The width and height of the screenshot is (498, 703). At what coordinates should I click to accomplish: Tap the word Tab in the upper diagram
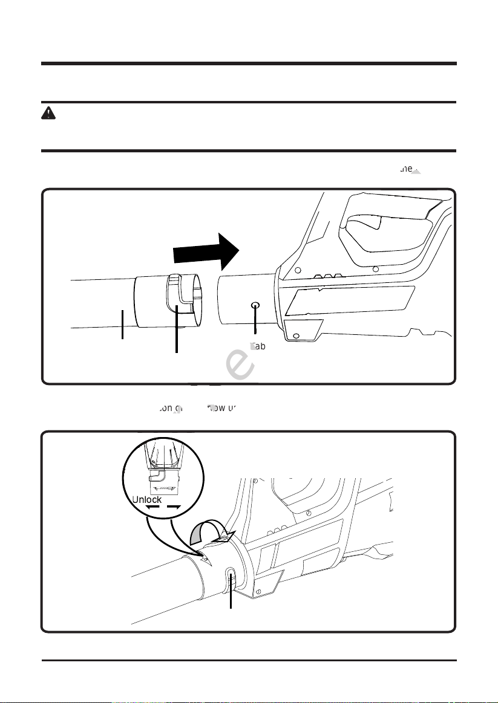click(x=258, y=346)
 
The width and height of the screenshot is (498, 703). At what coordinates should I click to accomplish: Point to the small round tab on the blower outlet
click(x=255, y=306)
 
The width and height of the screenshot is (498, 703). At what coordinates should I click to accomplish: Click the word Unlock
click(x=146, y=500)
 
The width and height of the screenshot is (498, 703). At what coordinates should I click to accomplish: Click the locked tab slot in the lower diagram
click(x=231, y=577)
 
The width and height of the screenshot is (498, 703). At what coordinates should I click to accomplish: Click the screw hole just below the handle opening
click(x=375, y=268)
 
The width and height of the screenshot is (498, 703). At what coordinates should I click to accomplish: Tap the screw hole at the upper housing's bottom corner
click(x=296, y=337)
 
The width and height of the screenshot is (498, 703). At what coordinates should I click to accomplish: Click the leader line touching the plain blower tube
click(x=123, y=325)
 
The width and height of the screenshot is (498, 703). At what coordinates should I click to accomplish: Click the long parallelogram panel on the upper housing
click(x=351, y=301)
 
